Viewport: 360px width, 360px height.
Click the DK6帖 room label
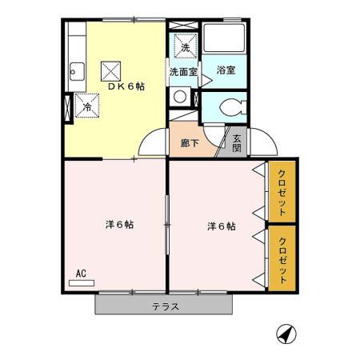point(126,86)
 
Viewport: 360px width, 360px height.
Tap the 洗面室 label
point(183,72)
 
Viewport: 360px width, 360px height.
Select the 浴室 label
point(226,70)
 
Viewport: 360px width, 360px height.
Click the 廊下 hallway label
point(190,143)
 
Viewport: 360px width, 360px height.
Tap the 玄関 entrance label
point(237,143)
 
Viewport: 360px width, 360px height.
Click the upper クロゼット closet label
point(282,192)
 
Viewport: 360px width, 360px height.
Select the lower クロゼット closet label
point(282,260)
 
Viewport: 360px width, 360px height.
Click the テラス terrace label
point(166,306)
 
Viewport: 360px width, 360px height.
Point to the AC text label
point(81,274)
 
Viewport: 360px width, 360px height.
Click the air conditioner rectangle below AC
point(82,283)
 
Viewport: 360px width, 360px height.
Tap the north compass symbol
point(286,334)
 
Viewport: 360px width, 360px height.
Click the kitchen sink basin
point(77,71)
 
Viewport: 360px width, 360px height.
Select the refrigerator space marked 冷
point(87,106)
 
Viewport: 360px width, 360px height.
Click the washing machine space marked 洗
point(186,46)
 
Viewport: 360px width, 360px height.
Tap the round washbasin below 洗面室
point(180,97)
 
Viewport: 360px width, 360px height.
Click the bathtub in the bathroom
point(224,38)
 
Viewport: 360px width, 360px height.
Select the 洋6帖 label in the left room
point(119,225)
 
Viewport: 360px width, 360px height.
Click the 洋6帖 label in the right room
point(222,226)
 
